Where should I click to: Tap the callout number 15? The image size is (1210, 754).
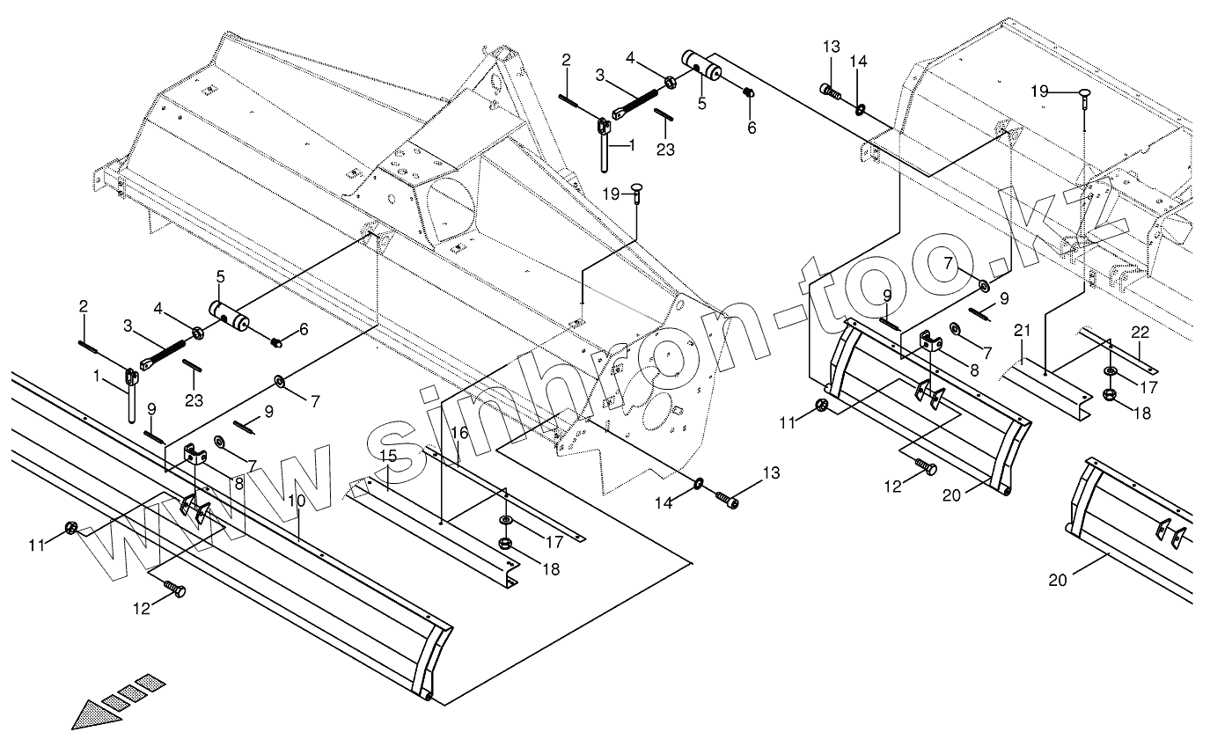[388, 456]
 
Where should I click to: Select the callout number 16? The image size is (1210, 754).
[459, 433]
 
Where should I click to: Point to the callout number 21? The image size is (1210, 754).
[1021, 332]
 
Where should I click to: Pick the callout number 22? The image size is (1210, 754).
[1140, 332]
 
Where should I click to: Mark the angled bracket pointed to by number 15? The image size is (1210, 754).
[431, 537]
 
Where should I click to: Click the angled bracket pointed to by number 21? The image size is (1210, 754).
[1047, 388]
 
